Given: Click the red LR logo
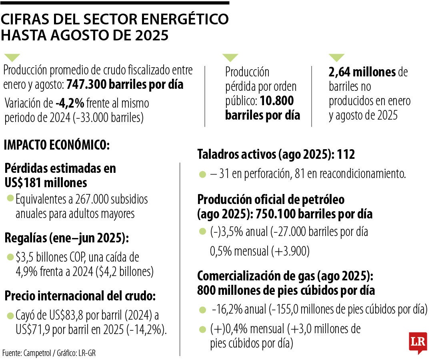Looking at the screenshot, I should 418,342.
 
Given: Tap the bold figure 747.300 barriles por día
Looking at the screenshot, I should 125,85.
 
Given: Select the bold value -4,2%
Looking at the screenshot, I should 70,104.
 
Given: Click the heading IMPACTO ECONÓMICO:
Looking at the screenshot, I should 56,145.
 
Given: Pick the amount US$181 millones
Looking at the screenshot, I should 46,183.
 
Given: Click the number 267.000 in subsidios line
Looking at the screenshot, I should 88,199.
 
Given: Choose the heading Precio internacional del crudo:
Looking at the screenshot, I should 80,296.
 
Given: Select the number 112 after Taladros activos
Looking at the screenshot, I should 346,155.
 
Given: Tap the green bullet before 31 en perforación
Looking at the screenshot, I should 202,174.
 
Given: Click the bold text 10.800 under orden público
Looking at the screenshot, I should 277,100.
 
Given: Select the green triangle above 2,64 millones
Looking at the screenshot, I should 336,58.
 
